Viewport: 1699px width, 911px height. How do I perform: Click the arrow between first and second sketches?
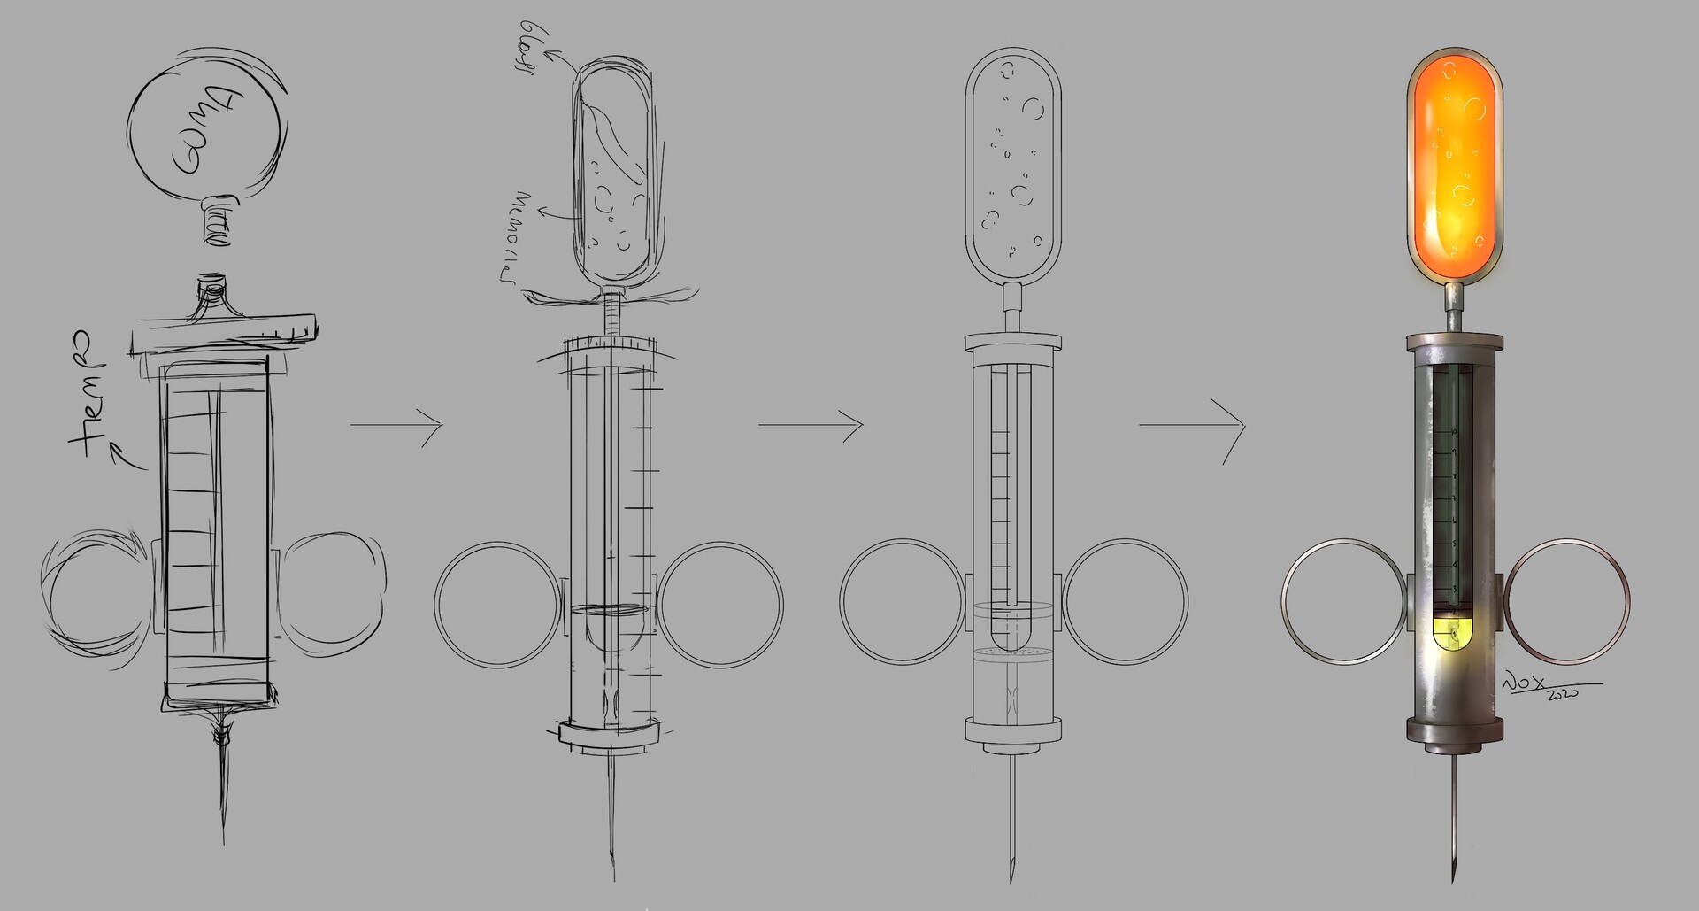[x=396, y=425]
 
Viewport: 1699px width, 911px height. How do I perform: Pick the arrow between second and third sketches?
[x=811, y=425]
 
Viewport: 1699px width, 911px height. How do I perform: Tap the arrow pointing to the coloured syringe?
[x=1193, y=427]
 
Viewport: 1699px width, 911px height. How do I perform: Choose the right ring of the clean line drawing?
[x=1126, y=603]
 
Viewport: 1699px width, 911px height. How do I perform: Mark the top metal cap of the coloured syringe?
[x=1453, y=341]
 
